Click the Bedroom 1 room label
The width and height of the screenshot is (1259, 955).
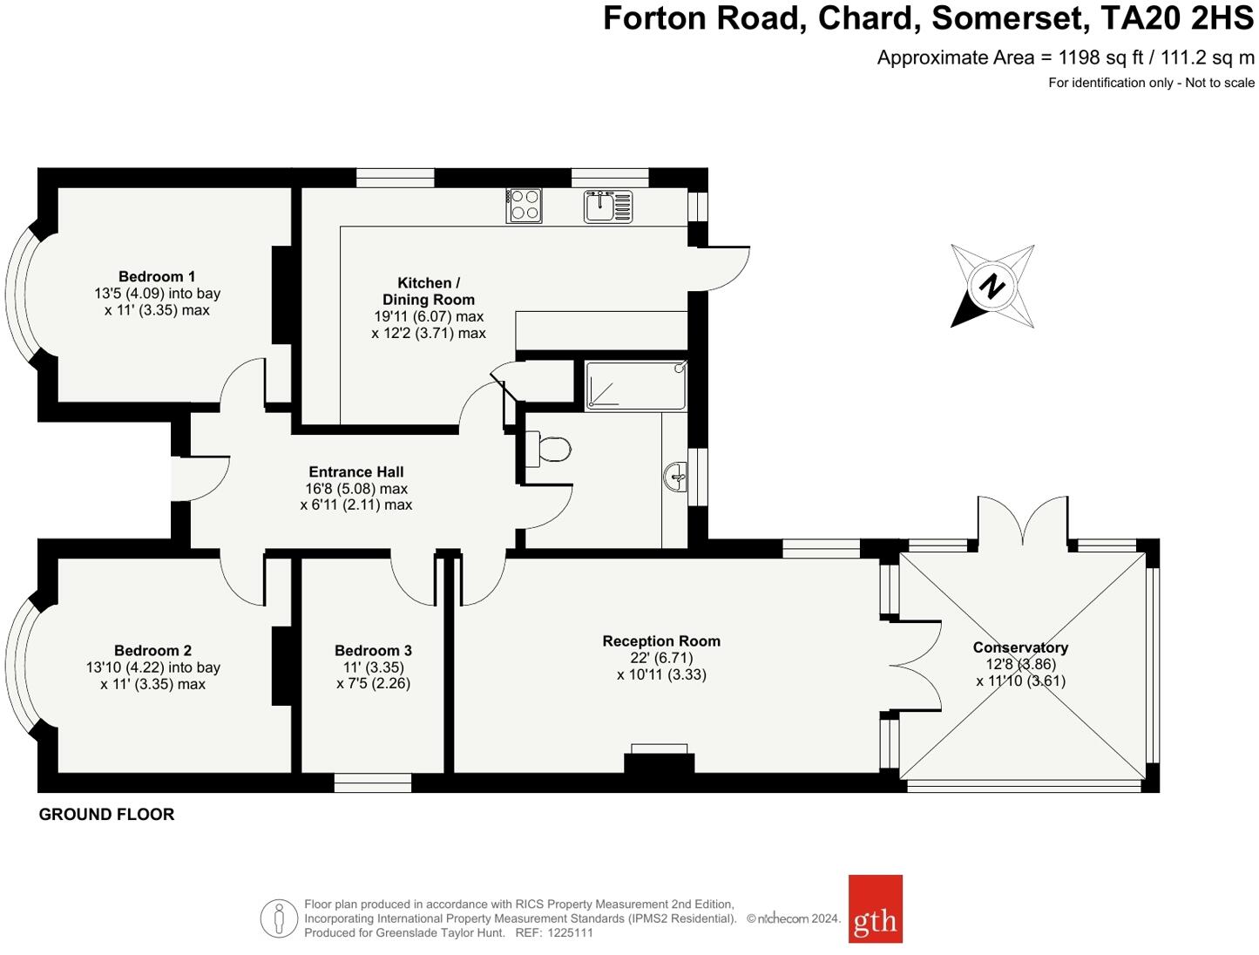157,277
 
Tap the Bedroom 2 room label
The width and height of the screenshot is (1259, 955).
152,651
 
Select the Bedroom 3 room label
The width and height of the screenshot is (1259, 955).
373,651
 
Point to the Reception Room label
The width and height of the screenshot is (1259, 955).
661,641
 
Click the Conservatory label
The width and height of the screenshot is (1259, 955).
1020,647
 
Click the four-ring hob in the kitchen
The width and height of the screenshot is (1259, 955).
524,206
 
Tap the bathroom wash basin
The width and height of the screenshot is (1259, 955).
675,476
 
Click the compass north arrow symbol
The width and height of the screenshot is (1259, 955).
992,287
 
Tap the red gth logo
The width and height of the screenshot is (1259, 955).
875,909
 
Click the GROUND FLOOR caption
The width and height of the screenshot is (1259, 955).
106,815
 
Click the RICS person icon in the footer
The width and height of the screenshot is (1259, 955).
279,918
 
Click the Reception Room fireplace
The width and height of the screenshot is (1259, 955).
660,759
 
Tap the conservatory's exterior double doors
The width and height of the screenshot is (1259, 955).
1022,521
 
